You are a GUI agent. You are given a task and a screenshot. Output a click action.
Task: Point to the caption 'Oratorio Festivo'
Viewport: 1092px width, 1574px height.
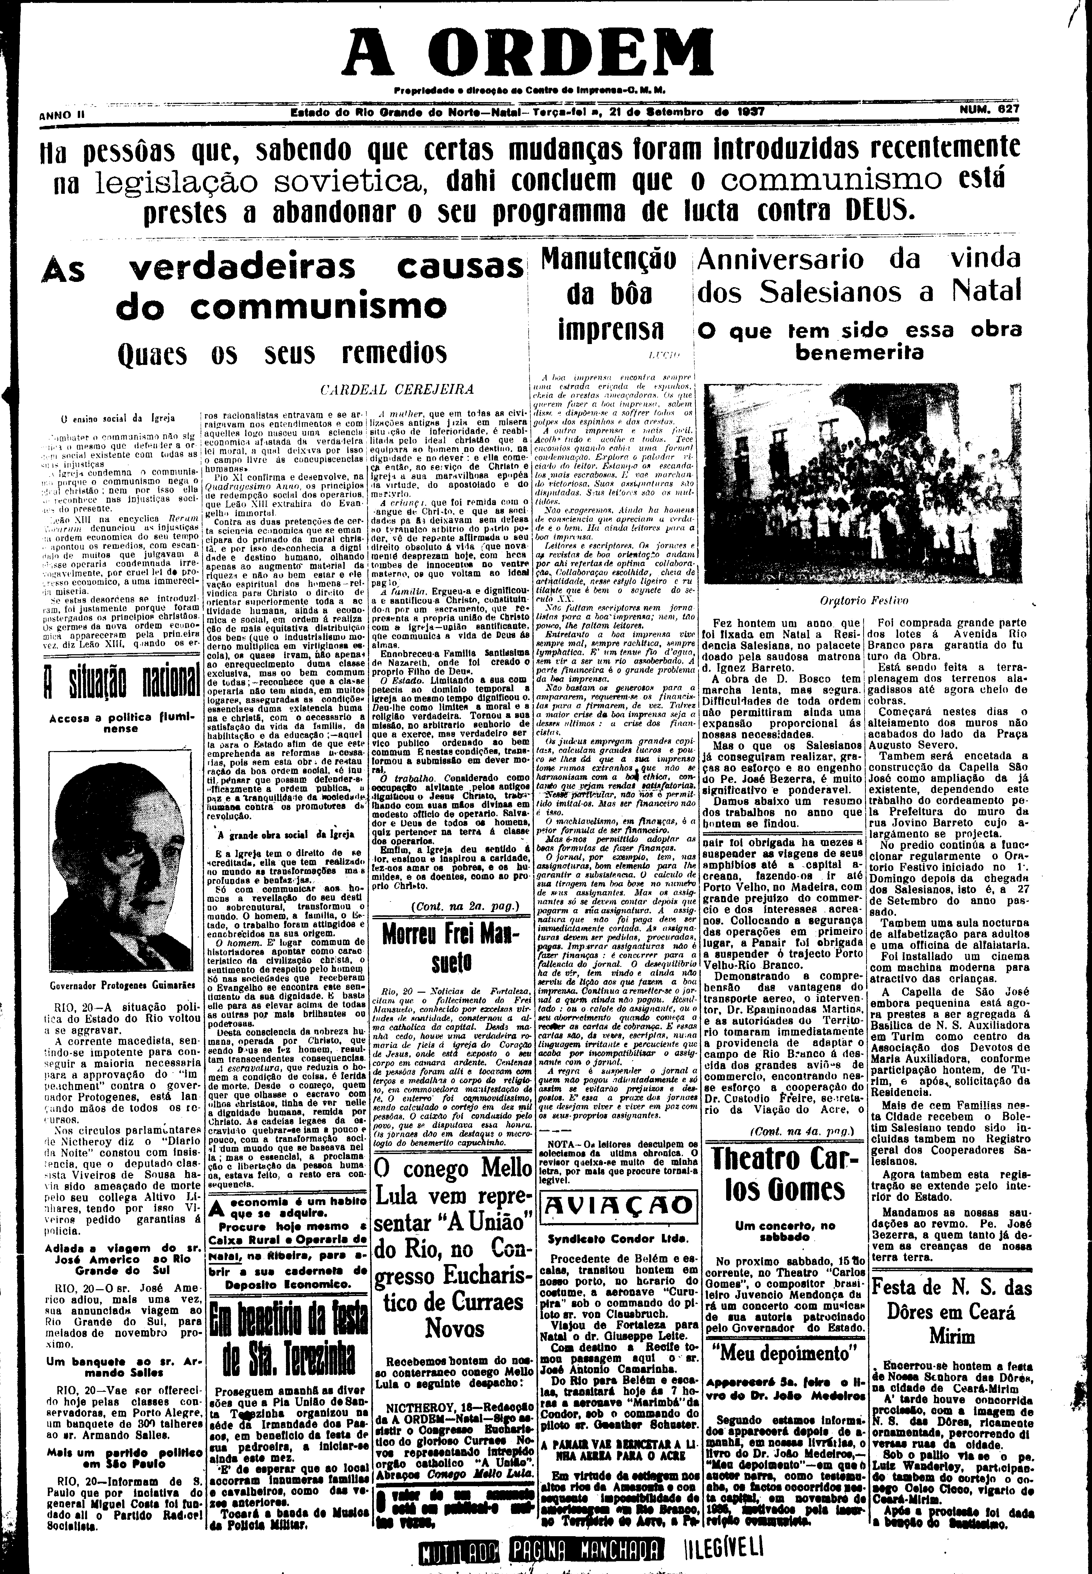(x=863, y=602)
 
